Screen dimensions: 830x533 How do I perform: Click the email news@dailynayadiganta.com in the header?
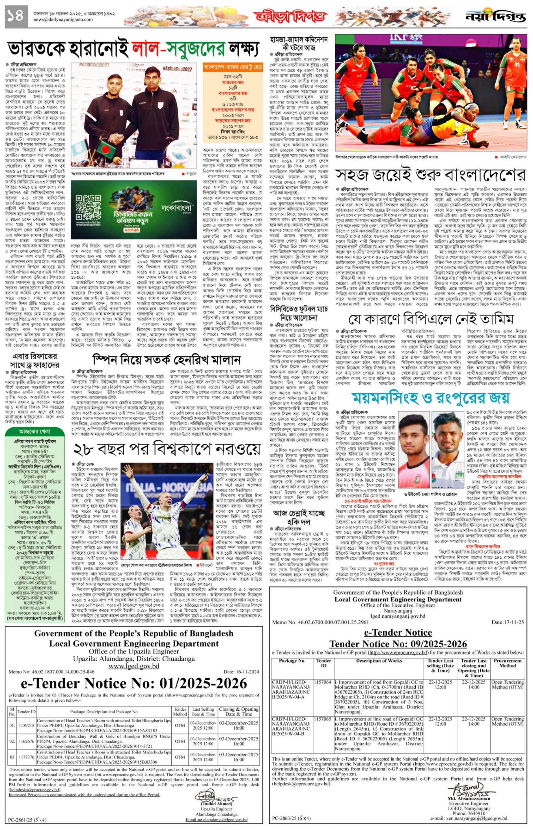click(x=63, y=20)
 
